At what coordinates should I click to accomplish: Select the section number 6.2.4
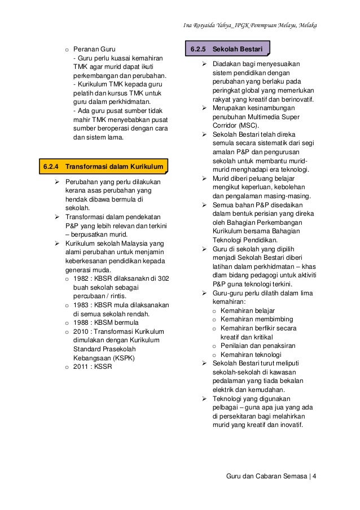pyautogui.click(x=52, y=167)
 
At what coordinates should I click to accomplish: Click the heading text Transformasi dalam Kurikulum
pyautogui.click(x=115, y=167)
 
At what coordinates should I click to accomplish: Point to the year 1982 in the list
pyautogui.click(x=81, y=278)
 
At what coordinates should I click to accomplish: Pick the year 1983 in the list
pyautogui.click(x=81, y=305)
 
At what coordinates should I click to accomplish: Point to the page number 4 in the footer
pyautogui.click(x=314, y=475)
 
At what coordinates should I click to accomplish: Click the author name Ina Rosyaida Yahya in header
pyautogui.click(x=214, y=26)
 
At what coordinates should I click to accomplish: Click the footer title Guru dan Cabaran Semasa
pyautogui.click(x=266, y=475)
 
